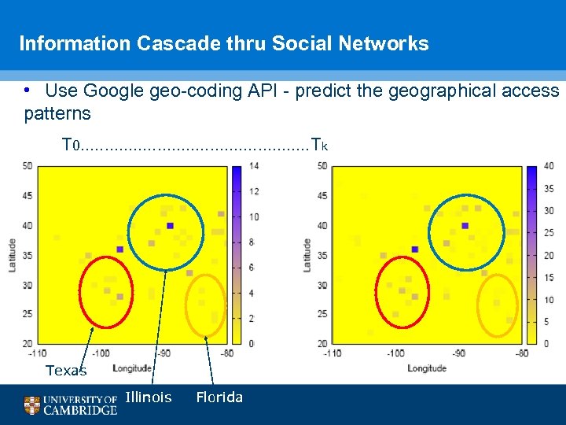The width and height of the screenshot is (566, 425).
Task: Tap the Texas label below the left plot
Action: pyautogui.click(x=66, y=371)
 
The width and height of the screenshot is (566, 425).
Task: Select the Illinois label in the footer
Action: pyautogui.click(x=148, y=397)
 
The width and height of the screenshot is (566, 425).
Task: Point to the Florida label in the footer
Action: pyautogui.click(x=219, y=397)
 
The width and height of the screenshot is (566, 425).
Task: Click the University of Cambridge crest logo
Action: pyautogui.click(x=31, y=405)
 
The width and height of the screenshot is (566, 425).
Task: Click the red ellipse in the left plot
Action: pyautogui.click(x=107, y=291)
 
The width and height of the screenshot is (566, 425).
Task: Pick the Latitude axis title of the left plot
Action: pyautogui.click(x=12, y=255)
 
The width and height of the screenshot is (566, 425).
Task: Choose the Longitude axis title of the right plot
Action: pyautogui.click(x=427, y=368)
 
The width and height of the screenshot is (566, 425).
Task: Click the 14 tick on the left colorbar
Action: pyautogui.click(x=254, y=166)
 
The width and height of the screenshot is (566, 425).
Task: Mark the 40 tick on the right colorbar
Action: pyautogui.click(x=549, y=166)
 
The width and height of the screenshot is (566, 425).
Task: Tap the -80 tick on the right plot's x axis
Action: pyautogui.click(x=521, y=353)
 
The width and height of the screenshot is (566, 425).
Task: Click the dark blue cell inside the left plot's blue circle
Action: pyautogui.click(x=170, y=226)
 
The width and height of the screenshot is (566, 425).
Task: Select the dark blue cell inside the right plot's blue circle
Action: pyautogui.click(x=465, y=226)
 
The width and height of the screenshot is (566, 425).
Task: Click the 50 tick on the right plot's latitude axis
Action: pyautogui.click(x=322, y=166)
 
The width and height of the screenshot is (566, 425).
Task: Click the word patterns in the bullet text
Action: pyautogui.click(x=57, y=113)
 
